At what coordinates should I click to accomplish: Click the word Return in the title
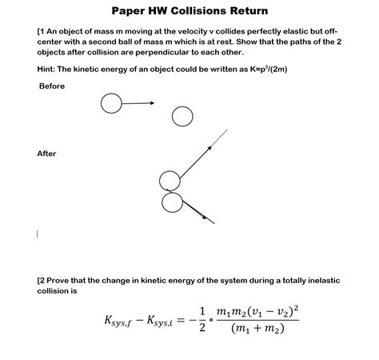pos(249,11)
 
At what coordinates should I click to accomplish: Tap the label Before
pos(51,86)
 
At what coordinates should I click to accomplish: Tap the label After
pos(47,154)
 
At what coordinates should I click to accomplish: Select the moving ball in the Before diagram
pos(111,103)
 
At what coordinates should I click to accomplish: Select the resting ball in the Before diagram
pos(182,117)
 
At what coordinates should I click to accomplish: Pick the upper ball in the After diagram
pos(170,181)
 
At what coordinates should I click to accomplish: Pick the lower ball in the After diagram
pos(172,202)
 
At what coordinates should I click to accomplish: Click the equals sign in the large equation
pos(183,321)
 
